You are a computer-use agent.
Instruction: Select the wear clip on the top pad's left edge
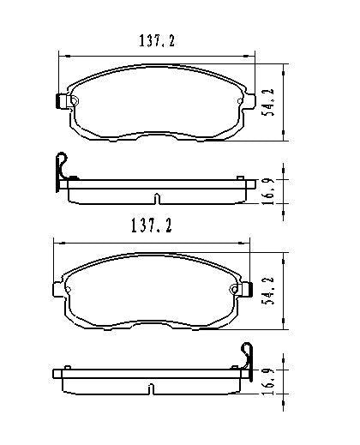click(61, 101)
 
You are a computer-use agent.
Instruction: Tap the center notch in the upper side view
click(156, 200)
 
